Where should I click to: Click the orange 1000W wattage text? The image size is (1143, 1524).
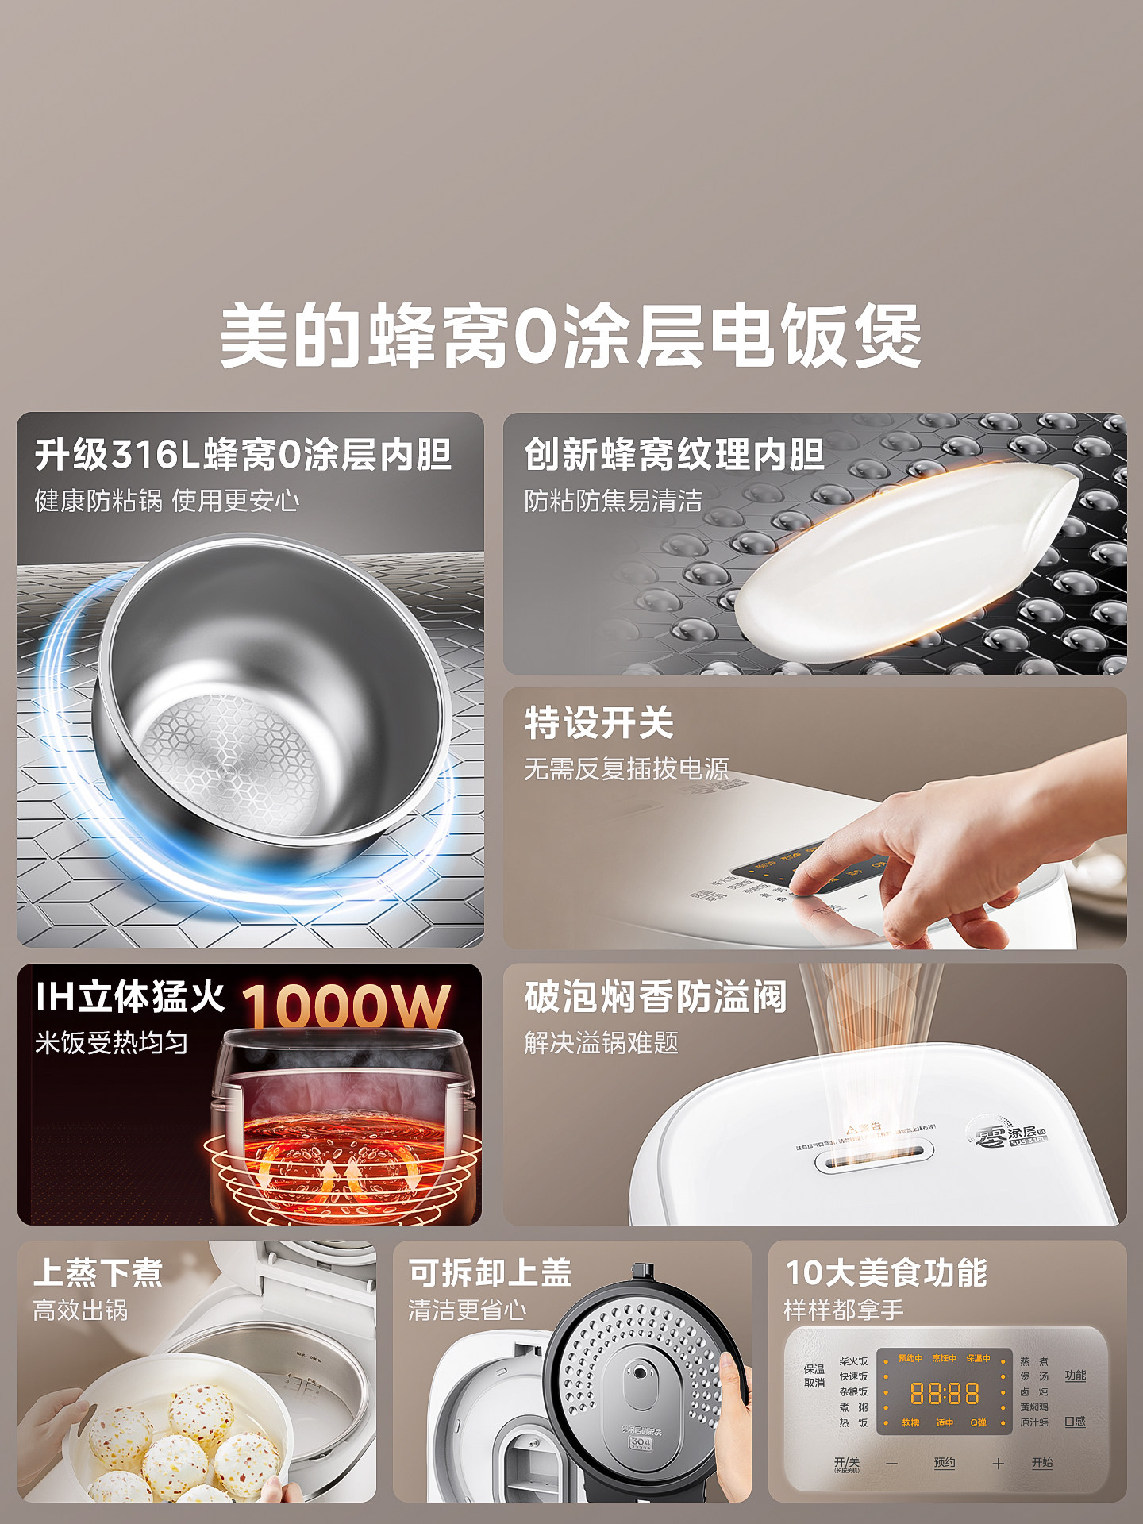pos(346,1006)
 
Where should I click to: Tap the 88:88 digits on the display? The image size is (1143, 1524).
pos(944,1394)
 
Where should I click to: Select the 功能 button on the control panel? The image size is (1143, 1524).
pos(1076,1376)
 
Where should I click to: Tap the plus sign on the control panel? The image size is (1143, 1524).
pos(998,1464)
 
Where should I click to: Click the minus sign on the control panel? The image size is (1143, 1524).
pos(891,1464)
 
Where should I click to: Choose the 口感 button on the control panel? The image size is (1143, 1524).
pos(1076,1422)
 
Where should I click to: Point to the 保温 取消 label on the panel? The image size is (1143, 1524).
pos(814,1376)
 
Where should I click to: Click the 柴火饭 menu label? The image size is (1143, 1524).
pos(853,1361)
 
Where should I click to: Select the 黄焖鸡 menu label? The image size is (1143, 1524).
pos(1034,1407)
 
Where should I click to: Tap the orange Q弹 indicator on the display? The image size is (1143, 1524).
pos(978,1423)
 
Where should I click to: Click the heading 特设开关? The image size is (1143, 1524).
pos(599,723)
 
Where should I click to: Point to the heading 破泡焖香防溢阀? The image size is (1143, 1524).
pos(656,997)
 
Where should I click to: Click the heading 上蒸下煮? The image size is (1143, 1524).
pos(98,1272)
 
